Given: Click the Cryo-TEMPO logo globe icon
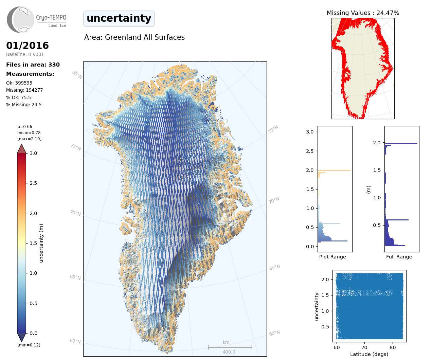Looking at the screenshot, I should coord(21,19).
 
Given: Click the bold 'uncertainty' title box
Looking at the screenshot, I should coord(119,18).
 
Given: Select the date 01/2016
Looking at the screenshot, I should coord(28,46).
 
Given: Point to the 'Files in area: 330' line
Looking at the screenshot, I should coord(33,65).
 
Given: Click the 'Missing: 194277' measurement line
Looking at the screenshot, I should coord(24,90).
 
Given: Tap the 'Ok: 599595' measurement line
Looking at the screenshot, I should coord(19,83).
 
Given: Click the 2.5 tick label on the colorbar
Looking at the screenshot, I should coord(33,183).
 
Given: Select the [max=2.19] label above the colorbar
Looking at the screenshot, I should coord(30,139).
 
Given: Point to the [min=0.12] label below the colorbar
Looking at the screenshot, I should coord(29,345).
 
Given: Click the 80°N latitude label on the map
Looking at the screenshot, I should coord(77,75).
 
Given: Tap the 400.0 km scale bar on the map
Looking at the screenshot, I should coord(230,347).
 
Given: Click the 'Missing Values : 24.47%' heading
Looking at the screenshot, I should coord(363,13).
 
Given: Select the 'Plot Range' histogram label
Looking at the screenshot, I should coord(332,257).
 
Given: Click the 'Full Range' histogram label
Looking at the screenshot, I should coord(399,257).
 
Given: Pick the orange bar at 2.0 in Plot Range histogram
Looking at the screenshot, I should coord(334,170).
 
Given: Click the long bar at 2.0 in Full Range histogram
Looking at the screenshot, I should coord(401,144).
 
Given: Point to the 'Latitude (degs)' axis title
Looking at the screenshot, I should coord(369,354).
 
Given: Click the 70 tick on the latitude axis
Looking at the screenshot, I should coord(364,347).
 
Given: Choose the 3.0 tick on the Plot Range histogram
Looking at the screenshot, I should coord(310,132).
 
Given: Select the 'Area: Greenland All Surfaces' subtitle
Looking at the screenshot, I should coord(134,37).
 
